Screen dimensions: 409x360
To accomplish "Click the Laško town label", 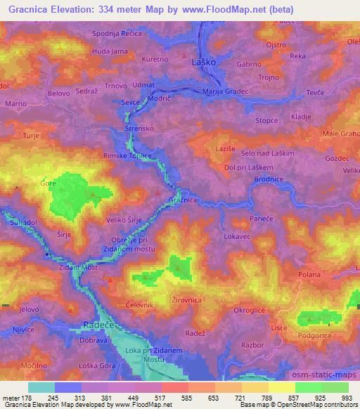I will [204, 63].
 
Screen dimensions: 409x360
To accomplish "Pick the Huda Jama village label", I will [110, 51].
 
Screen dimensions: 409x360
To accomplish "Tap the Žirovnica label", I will [188, 300].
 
